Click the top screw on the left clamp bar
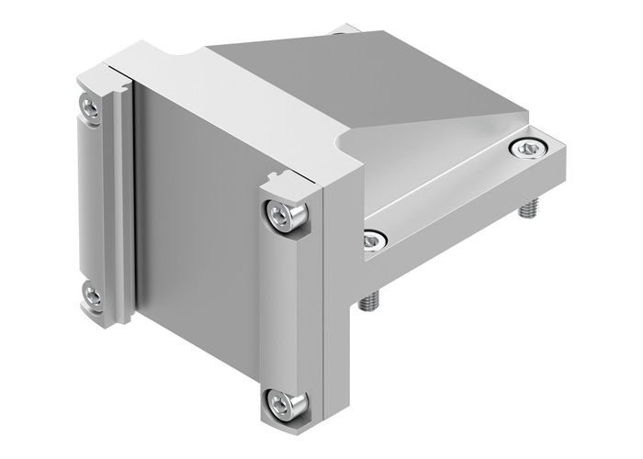(x=91, y=108)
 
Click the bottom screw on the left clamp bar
(x=91, y=296)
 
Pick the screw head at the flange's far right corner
(x=527, y=148)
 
